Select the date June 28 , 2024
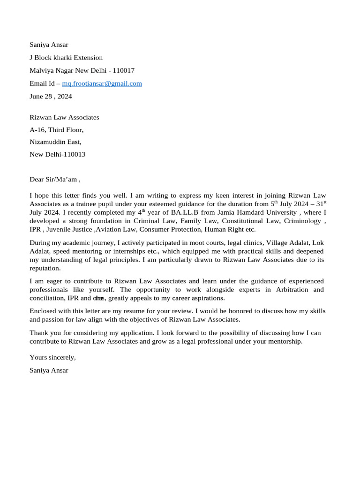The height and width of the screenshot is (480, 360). click(51, 97)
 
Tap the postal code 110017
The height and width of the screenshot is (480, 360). click(123, 70)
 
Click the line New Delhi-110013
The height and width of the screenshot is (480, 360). click(57, 154)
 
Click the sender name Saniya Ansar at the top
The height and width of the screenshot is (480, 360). click(49, 45)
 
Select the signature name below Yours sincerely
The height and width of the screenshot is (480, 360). click(49, 370)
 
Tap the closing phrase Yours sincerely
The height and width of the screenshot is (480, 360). click(52, 357)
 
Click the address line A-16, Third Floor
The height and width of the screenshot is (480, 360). click(56, 130)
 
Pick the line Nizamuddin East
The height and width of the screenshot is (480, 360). click(55, 142)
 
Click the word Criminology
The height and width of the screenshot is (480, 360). click(303, 221)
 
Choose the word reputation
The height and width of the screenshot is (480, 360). click(45, 268)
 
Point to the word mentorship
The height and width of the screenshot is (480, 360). click(285, 341)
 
